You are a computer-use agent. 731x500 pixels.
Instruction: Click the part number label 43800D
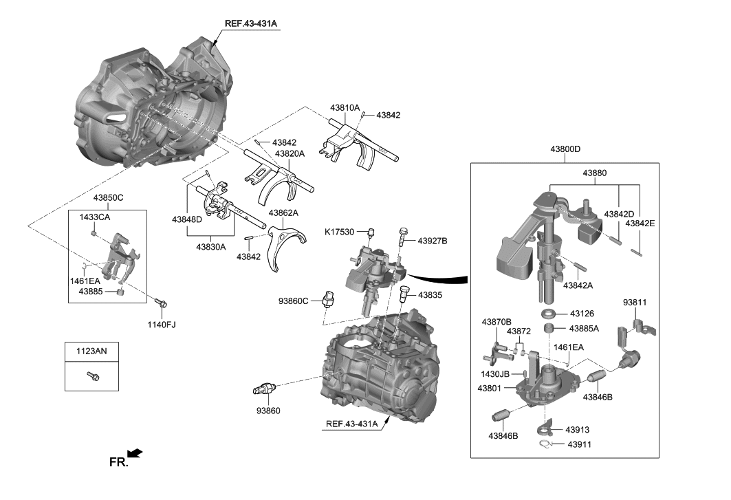pos(565,149)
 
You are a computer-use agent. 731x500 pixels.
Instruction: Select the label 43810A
pos(345,108)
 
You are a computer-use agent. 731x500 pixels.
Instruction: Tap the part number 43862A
pos(283,213)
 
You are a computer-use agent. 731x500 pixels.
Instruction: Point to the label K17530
pos(340,232)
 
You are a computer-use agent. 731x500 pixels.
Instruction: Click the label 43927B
pos(433,241)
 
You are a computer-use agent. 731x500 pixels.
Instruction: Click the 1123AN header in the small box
pos(91,351)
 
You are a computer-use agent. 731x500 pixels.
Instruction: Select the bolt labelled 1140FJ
pos(162,303)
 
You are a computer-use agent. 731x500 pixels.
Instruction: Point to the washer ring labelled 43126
pos(549,314)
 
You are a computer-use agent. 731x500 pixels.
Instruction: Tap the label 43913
pos(578,430)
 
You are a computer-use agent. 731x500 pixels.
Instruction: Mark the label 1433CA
pos(95,217)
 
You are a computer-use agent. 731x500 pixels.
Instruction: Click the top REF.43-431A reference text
pos(250,23)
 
